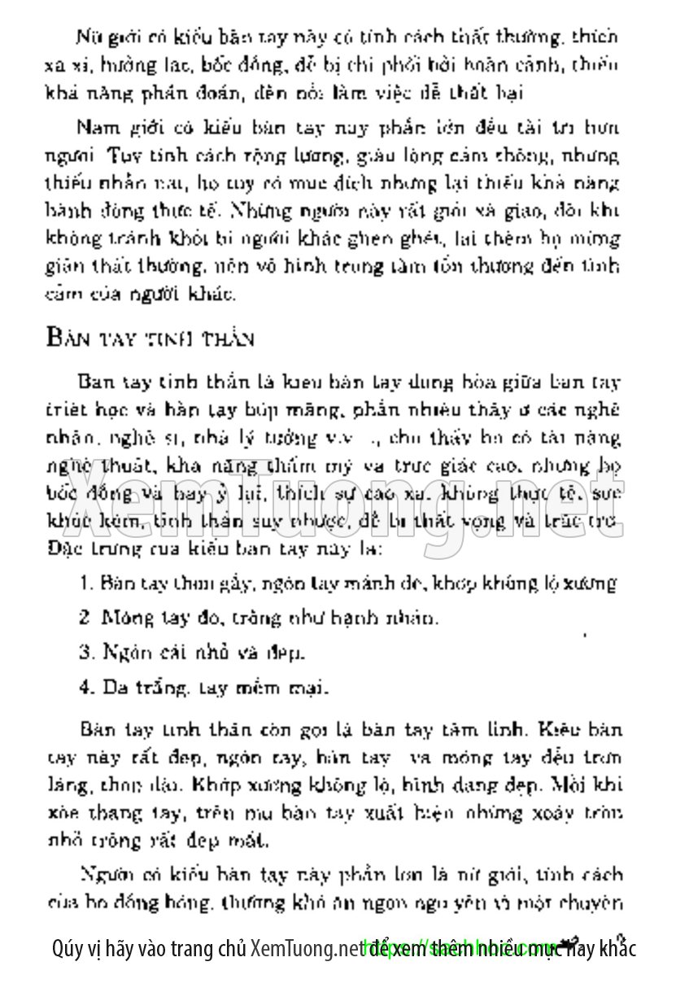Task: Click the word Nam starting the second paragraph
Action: coord(93,127)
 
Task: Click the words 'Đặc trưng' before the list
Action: coord(81,549)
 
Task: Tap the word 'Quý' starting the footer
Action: coord(66,949)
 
